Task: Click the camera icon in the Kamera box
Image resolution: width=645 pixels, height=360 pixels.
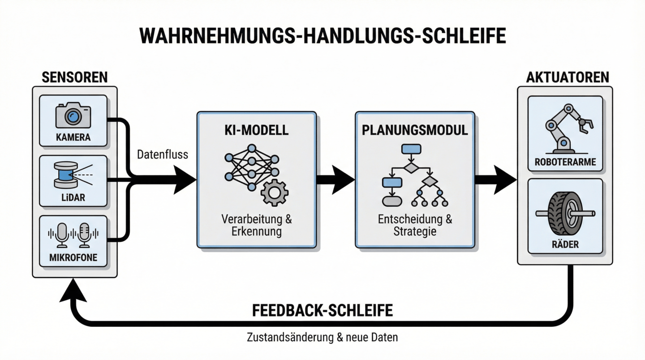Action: pos(73,116)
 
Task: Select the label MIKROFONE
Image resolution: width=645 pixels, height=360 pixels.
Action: pos(73,257)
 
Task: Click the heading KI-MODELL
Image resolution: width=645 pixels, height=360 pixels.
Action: pos(257,130)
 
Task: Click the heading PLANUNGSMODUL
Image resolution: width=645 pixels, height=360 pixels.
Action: pos(414,130)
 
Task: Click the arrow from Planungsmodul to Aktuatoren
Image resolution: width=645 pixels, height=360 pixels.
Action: pos(495,180)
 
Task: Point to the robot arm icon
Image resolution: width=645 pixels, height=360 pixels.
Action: pos(564,128)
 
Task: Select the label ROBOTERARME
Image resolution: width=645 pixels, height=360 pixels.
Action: pos(565,162)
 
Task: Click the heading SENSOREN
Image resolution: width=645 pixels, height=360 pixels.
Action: pos(74,77)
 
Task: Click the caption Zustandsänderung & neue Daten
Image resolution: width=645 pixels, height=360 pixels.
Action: pos(322,337)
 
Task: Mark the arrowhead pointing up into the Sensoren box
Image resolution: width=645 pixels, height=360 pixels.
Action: pos(74,291)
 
